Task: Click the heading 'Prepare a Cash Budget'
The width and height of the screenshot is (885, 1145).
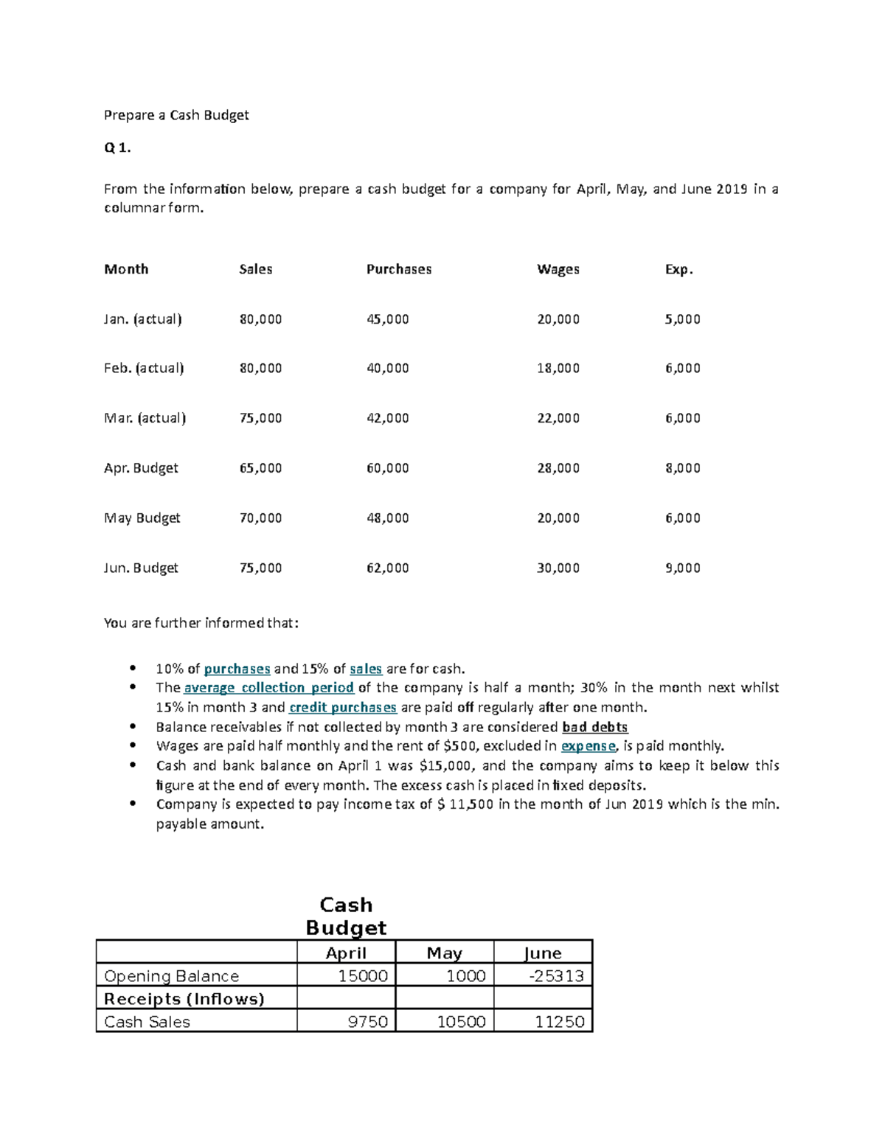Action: (176, 115)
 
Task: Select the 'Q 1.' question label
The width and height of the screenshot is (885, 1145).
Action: (117, 147)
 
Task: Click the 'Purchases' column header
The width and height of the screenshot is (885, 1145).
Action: (399, 269)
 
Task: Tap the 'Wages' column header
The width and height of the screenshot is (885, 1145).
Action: (558, 269)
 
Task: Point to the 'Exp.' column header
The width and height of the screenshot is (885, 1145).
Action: (679, 269)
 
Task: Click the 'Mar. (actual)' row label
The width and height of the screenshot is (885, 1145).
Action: (145, 418)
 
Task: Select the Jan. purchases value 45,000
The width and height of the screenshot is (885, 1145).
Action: (388, 319)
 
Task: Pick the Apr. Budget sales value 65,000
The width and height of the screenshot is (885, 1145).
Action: (260, 468)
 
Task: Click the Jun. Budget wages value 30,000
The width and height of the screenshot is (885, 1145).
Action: (558, 568)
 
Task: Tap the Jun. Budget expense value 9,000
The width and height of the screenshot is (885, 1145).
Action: (683, 568)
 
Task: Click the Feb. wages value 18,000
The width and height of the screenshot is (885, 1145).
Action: (558, 368)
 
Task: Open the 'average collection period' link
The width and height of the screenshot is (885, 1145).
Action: (269, 688)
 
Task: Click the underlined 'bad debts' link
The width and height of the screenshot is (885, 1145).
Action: (595, 727)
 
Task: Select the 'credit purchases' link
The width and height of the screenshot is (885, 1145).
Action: (343, 708)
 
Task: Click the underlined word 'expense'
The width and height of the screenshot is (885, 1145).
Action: (589, 746)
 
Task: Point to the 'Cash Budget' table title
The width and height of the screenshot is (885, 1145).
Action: (346, 916)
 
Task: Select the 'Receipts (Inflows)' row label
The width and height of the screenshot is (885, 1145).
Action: (184, 999)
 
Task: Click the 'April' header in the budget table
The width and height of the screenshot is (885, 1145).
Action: (346, 953)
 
